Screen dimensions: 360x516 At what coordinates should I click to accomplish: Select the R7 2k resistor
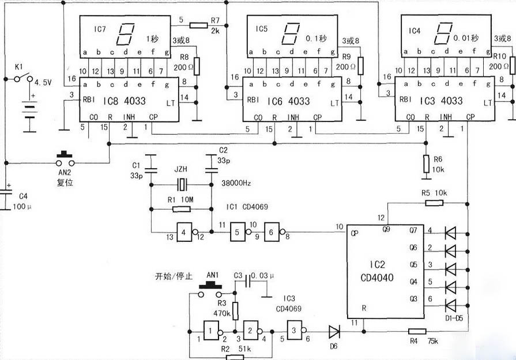point(198,25)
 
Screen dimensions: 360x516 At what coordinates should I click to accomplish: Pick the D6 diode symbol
point(334,332)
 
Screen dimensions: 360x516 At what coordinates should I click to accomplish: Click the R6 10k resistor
point(425,164)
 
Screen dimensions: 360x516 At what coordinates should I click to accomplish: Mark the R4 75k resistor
point(417,331)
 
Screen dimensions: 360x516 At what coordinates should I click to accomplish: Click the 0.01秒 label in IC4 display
point(466,39)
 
